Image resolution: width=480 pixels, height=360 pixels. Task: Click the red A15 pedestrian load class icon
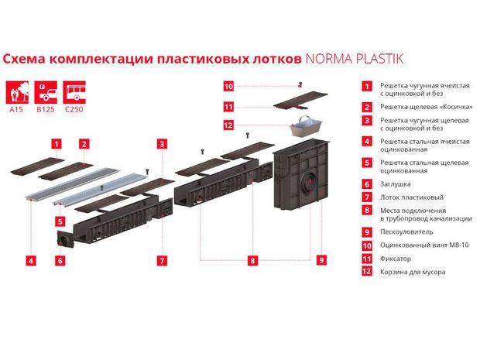[x=17, y=92]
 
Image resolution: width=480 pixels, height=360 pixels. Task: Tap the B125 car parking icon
[x=46, y=92]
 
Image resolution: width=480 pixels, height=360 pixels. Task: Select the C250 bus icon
[x=74, y=92]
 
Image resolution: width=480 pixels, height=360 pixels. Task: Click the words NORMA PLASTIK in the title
[x=355, y=59]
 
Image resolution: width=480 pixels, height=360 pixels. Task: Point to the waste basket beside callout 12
[x=306, y=126]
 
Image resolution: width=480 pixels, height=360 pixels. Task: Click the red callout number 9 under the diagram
[x=321, y=260]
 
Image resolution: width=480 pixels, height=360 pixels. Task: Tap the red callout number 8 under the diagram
[x=252, y=260]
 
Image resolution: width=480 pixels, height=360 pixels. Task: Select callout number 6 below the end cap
[x=60, y=261]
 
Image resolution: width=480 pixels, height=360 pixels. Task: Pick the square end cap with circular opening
[x=66, y=238]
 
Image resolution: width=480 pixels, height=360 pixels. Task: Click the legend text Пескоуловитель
[x=406, y=231]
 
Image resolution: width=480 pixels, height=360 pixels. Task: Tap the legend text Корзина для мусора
[x=413, y=272]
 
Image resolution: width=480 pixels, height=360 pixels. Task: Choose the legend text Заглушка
[x=395, y=184]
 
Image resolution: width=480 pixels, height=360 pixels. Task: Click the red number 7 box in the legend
[x=367, y=197]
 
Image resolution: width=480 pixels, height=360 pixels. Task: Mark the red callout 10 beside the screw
[x=228, y=87]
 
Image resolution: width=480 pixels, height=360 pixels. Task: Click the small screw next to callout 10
[x=300, y=84]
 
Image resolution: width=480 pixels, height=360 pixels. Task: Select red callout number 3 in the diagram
[x=162, y=144]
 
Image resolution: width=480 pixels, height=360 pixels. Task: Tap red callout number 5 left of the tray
[x=60, y=221]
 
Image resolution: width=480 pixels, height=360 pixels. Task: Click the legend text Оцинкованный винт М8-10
[x=424, y=245]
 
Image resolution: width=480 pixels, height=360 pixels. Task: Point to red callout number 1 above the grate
[x=57, y=144]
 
